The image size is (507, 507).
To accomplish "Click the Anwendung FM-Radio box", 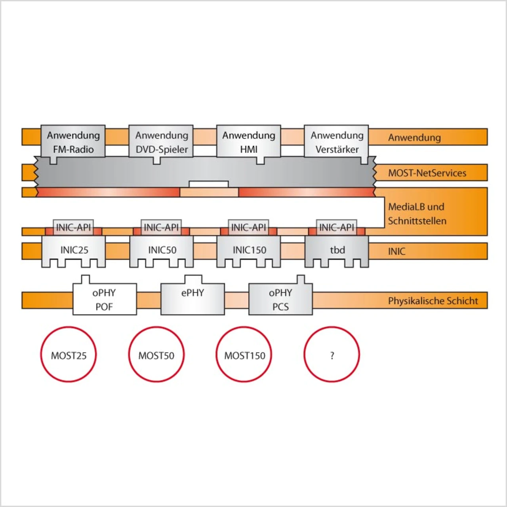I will (73, 142).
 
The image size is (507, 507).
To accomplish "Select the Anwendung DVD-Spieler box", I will (161, 142).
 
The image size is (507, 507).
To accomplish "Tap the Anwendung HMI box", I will (249, 142).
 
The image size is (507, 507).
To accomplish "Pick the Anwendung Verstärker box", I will (337, 142).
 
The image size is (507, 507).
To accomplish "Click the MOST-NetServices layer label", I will (427, 173).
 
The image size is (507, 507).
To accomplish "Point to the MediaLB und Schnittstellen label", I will (417, 213).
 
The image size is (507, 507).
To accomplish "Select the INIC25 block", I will (74, 250).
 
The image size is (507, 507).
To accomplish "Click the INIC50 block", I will (162, 250).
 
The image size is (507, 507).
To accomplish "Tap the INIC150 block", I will (249, 250).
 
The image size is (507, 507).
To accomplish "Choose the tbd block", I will (337, 250).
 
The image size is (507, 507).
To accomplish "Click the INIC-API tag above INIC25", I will (73, 227).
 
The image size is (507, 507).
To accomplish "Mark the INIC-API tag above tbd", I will (337, 227).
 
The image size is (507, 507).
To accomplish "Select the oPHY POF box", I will (105, 299).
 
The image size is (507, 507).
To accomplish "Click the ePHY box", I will (193, 297).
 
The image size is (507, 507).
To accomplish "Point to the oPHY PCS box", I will (280, 299).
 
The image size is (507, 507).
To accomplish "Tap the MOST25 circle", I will (69, 355).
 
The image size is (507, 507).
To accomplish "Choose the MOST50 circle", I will (156, 355).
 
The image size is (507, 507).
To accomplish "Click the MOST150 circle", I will (244, 355).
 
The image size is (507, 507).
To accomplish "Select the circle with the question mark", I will (332, 355).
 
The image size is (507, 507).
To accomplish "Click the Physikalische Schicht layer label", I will (433, 301).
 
